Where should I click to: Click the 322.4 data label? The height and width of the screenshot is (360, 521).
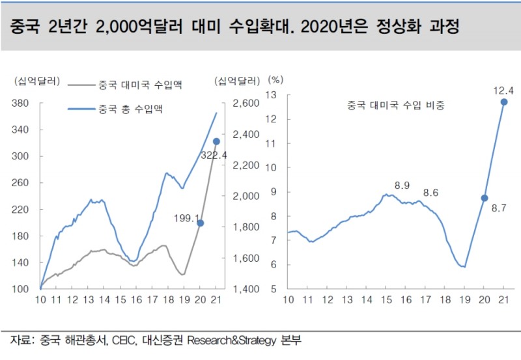click(214, 156)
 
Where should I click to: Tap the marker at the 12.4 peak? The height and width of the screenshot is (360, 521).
click(504, 102)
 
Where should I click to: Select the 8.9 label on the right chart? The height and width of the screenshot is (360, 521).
click(402, 186)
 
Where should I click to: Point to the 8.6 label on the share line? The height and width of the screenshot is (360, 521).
click(430, 193)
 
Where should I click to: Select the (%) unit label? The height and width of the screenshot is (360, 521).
click(276, 80)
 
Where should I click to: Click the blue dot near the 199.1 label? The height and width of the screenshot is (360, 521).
click(201, 223)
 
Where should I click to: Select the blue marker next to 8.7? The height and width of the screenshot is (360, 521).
click(484, 198)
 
